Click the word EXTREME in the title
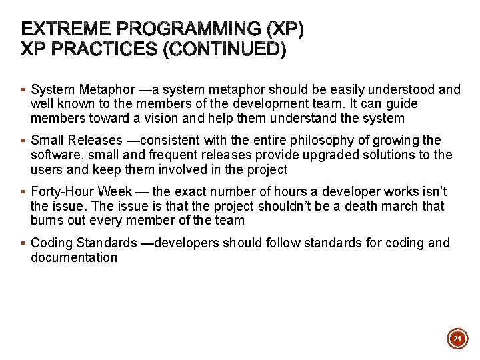point(65,29)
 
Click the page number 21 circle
point(457,339)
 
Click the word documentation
point(74,258)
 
